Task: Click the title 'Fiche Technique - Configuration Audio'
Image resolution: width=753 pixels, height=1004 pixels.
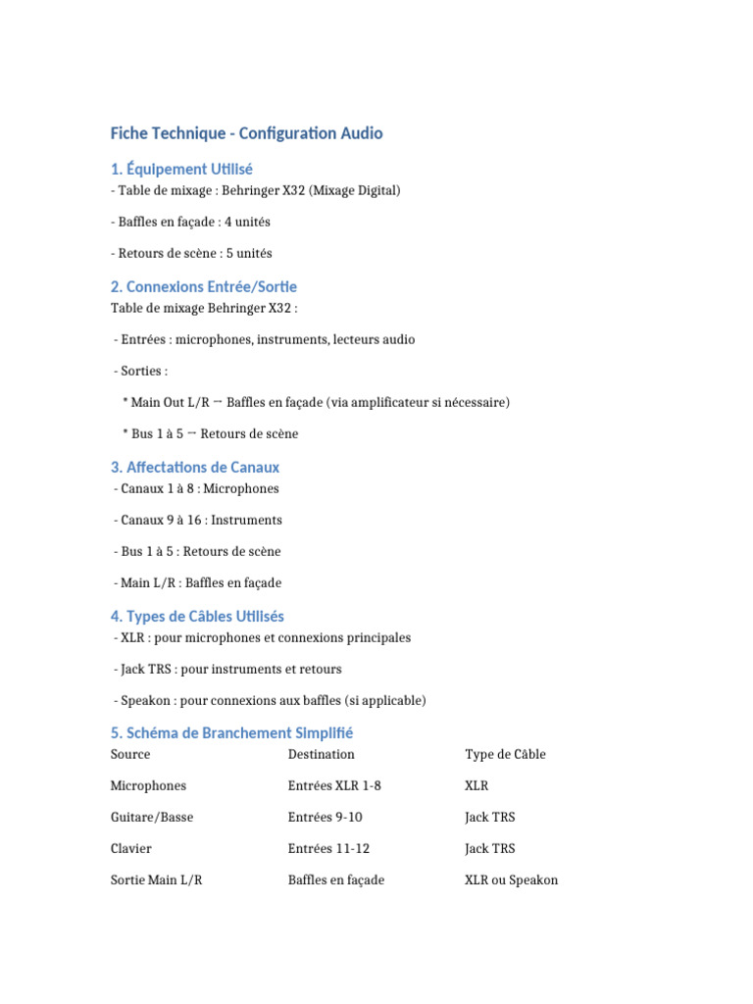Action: (246, 133)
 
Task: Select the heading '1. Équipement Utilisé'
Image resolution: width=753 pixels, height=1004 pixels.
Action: (181, 170)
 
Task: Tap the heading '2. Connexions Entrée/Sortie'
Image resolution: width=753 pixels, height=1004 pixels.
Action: (204, 287)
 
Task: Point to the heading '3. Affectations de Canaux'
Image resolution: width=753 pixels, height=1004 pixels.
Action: (195, 468)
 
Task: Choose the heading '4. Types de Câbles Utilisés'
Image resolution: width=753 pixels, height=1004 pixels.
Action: (197, 617)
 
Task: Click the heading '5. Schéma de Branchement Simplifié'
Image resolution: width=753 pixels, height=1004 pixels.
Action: (231, 733)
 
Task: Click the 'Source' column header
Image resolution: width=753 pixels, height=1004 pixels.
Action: (130, 754)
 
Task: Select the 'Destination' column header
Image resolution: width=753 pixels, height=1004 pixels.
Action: (322, 754)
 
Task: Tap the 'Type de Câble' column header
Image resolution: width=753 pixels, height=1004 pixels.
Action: (505, 754)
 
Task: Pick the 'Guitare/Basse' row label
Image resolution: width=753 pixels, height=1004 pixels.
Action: (152, 817)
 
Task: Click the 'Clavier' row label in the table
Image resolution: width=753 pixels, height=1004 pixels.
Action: (131, 848)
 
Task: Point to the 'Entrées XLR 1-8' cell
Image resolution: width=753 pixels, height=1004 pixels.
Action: (334, 785)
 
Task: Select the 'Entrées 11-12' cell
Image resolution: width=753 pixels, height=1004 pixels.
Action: (328, 848)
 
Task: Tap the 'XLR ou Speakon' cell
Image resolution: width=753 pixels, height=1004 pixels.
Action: (511, 879)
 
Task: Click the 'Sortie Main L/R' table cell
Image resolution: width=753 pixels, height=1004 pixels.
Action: (157, 879)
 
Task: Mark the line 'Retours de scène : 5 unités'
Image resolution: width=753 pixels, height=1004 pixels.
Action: (192, 253)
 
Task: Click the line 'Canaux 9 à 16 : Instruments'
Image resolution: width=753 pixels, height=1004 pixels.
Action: (198, 520)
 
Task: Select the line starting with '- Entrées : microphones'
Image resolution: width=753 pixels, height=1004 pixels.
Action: (264, 339)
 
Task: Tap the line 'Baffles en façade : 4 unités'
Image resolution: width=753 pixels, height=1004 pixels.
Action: (190, 222)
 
